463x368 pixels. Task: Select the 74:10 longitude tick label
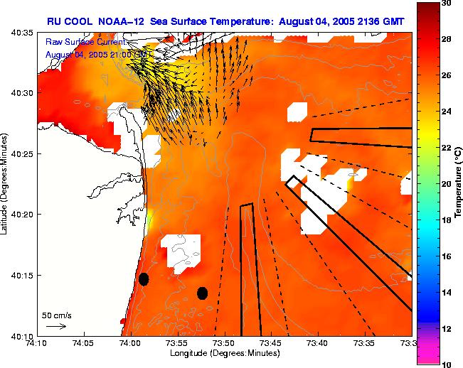click(x=36, y=342)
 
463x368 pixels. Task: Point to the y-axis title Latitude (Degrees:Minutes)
click(x=6, y=184)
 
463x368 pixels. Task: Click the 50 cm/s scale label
click(x=56, y=315)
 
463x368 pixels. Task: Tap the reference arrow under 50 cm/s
click(x=56, y=326)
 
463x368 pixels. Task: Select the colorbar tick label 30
click(x=446, y=4)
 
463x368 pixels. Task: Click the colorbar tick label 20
click(x=446, y=183)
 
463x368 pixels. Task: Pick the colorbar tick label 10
click(x=446, y=364)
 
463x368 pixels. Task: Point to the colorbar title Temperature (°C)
click(x=459, y=184)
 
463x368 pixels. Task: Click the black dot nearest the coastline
click(x=144, y=279)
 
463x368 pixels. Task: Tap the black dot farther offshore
click(x=202, y=293)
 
